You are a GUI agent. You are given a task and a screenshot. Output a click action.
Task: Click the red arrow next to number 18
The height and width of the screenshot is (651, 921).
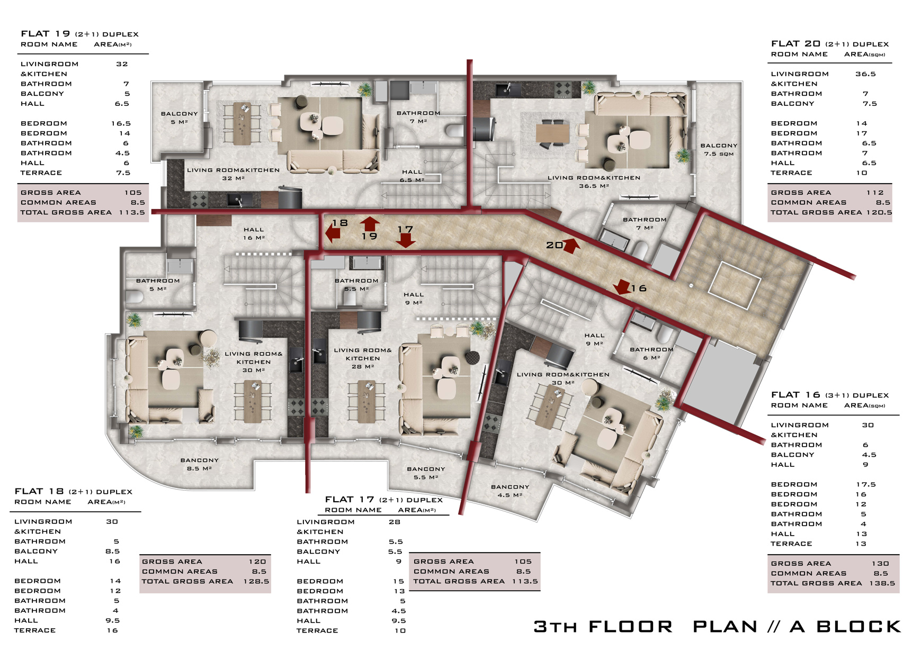coord(333,233)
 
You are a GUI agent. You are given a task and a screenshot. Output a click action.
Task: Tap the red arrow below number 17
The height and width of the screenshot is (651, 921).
coord(406,240)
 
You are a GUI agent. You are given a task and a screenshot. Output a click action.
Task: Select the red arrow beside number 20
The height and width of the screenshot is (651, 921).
coord(571,246)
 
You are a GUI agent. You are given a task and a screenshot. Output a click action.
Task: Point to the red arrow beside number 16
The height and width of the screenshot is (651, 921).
coord(622,287)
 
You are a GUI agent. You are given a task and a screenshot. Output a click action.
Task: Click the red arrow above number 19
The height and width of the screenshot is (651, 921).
coord(370,223)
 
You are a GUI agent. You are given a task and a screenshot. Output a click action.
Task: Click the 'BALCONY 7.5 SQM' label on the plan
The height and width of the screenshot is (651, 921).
coord(719,150)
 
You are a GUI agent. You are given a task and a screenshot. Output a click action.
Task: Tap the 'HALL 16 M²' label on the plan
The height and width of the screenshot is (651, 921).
coord(254,233)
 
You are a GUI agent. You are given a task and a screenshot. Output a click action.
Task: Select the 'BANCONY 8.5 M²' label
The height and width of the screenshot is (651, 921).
coord(199,464)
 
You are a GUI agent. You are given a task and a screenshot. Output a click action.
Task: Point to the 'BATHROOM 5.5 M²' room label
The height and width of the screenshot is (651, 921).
coord(356,285)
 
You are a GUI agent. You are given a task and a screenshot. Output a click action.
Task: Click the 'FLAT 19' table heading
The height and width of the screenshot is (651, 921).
coord(46,34)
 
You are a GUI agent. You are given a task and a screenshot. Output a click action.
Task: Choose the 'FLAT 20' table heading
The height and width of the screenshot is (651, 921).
coord(795,44)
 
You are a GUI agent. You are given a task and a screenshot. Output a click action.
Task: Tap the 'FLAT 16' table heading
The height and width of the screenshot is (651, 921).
coord(795,395)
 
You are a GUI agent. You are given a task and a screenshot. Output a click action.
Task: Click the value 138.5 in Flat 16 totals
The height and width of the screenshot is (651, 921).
coord(882,583)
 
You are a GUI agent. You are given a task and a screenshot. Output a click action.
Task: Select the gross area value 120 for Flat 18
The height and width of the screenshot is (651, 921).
coord(257,562)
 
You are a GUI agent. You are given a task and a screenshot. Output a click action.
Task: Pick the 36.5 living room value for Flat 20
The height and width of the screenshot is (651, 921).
coord(865,74)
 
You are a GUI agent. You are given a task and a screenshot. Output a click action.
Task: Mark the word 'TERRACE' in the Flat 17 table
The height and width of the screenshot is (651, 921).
coord(317,630)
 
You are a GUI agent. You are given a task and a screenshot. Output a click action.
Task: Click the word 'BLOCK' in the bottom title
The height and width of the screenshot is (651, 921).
coord(859,627)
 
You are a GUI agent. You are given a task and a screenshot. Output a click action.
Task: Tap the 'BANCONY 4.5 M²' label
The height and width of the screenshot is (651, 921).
coord(510,491)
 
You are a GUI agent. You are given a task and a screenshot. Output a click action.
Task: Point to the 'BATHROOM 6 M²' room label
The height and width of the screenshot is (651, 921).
coord(651,354)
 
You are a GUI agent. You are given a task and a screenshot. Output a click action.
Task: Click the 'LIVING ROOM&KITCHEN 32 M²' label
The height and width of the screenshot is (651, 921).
coord(233,174)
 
